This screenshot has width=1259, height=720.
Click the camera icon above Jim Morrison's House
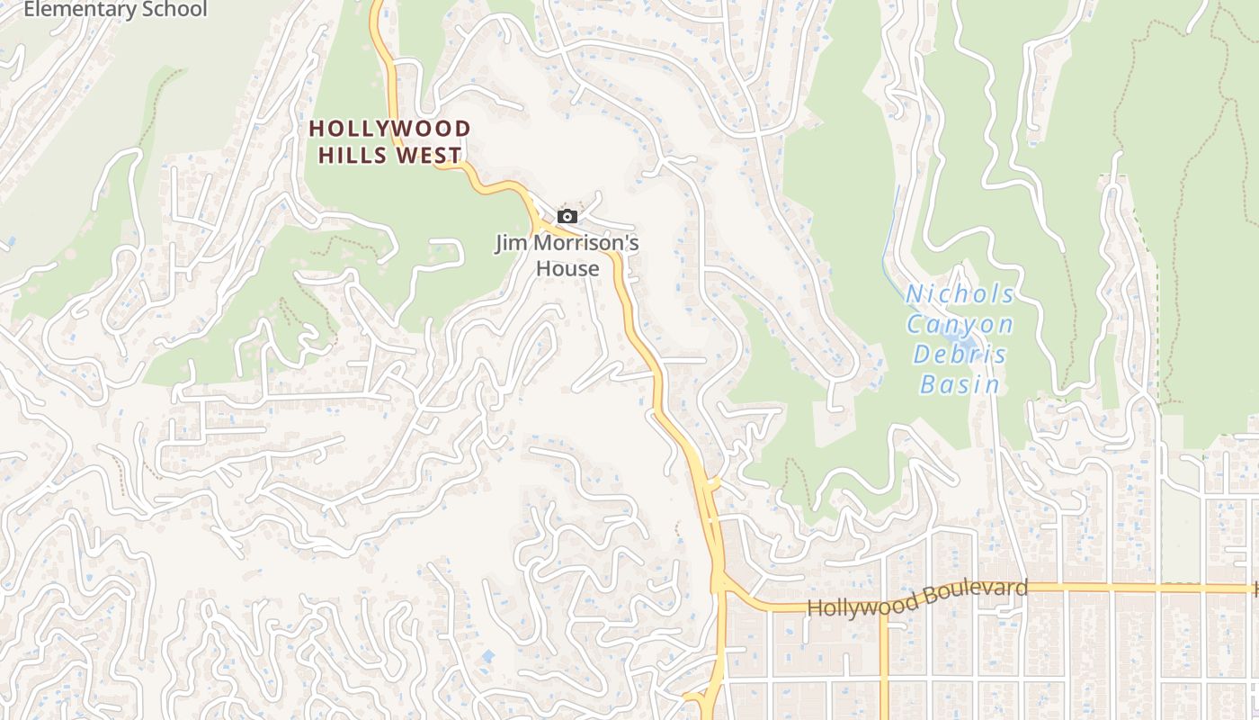(x=567, y=216)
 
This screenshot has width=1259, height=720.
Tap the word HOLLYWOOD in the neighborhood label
(x=389, y=129)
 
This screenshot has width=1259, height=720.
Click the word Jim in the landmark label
(x=511, y=243)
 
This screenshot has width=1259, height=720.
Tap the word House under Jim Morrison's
(x=567, y=268)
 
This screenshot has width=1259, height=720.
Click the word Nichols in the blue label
(x=960, y=294)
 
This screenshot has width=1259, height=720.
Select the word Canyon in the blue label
(x=960, y=324)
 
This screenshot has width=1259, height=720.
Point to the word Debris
(x=960, y=354)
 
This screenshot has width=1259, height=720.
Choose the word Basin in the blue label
(x=960, y=384)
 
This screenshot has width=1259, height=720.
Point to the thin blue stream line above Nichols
(x=893, y=225)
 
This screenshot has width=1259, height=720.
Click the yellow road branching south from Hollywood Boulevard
(x=884, y=666)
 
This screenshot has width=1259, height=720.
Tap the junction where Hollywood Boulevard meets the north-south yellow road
(x=720, y=585)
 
